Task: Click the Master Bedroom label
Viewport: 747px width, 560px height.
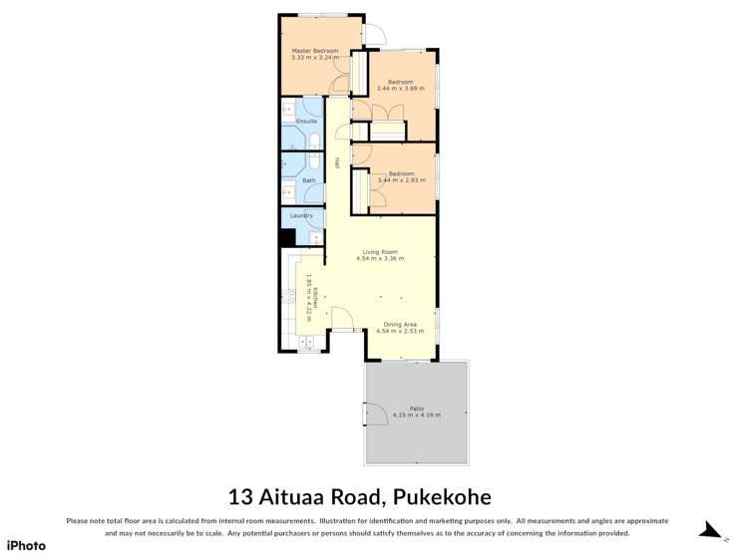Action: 314,51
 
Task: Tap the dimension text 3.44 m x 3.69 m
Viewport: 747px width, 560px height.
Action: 401,89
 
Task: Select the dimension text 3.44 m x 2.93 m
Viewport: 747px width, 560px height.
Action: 401,180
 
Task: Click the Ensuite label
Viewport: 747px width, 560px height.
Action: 306,122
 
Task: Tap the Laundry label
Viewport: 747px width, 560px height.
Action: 301,215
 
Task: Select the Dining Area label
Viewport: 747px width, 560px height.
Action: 401,324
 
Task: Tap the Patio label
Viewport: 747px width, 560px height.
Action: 416,408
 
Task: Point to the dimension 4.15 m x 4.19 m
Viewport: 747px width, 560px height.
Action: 416,415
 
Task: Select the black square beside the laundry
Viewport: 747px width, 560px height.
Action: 286,237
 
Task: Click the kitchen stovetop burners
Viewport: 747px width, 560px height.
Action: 292,295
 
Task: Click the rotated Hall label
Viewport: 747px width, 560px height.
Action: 338,162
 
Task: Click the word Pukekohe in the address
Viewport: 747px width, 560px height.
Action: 442,496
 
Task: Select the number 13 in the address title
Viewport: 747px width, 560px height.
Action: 241,496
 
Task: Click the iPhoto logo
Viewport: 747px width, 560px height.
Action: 26,545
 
